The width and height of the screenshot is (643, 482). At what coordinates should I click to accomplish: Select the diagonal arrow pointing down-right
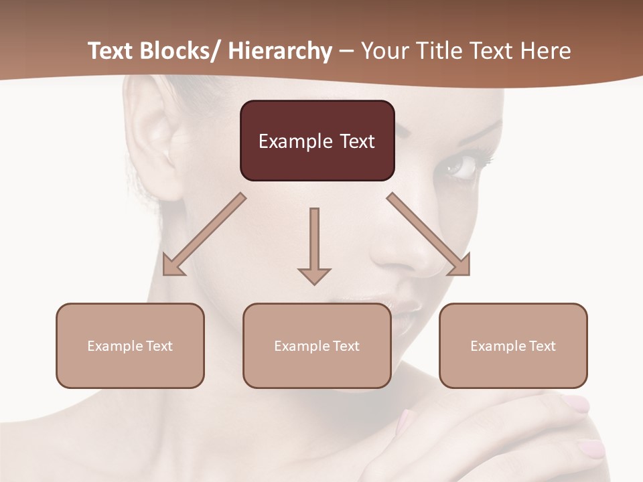coord(429,234)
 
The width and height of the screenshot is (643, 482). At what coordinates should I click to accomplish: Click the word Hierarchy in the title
coord(280,51)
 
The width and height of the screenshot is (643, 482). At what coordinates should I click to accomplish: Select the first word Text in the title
coord(110,51)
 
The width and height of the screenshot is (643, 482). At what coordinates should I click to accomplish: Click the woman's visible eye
coord(461,165)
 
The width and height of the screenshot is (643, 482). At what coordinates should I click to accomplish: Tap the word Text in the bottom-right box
coord(541,346)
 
